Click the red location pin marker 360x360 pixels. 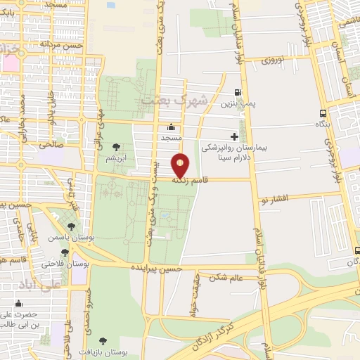(181, 165)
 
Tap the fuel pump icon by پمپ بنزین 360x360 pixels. (238, 92)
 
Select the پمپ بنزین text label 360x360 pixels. (238, 104)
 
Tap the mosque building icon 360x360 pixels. (171, 127)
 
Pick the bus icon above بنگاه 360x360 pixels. (323, 113)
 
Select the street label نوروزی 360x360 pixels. (276, 60)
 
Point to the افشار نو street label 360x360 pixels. (274, 199)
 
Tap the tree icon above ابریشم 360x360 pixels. (116, 147)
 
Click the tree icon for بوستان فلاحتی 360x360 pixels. (65, 252)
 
